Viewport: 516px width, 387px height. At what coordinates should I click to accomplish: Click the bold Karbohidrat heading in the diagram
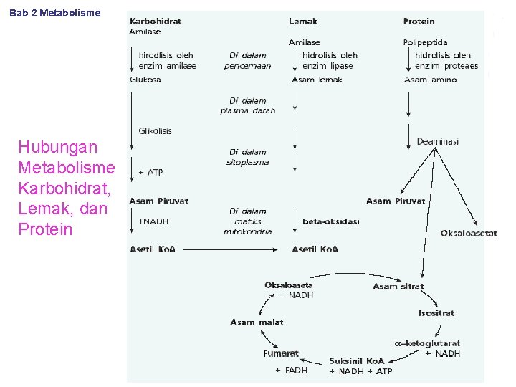click(x=156, y=21)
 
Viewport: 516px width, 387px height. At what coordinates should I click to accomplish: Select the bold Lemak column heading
click(x=303, y=21)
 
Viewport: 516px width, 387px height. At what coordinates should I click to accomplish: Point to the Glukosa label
click(x=145, y=80)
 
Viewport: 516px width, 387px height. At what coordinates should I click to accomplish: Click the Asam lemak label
click(x=317, y=80)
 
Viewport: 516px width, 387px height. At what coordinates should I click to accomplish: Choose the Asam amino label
click(x=430, y=80)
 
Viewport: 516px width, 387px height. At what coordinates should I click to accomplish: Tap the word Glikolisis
click(x=155, y=130)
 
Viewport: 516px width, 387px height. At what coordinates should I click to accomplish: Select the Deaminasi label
click(x=438, y=142)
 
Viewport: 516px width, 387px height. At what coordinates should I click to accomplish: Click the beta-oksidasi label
click(x=331, y=221)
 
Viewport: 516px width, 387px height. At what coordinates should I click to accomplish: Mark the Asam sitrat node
click(x=398, y=286)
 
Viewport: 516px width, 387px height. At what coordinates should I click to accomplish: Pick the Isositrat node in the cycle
click(x=436, y=313)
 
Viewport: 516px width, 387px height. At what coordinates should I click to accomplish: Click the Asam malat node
click(x=257, y=322)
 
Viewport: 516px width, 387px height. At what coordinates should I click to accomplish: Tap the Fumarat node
click(x=280, y=353)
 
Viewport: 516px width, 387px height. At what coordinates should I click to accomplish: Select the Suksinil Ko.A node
click(x=357, y=360)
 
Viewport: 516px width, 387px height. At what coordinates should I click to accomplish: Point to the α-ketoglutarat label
click(x=427, y=343)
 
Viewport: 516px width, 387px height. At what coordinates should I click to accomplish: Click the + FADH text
click(x=291, y=371)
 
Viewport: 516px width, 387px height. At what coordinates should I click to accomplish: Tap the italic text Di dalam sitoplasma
click(x=247, y=157)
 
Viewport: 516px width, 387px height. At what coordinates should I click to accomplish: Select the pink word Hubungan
click(x=57, y=147)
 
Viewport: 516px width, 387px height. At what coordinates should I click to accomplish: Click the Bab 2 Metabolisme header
click(x=55, y=13)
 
